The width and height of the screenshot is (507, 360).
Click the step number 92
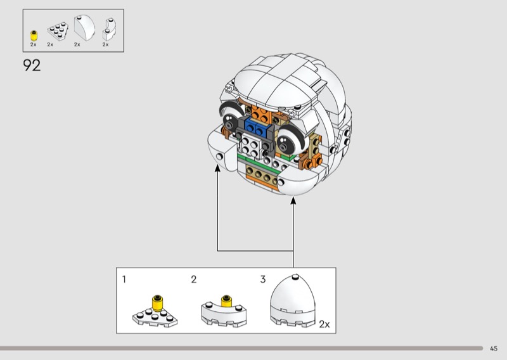coord(32,65)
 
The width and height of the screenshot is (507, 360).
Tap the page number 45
coord(494,349)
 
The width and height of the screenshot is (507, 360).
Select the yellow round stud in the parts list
coord(34,35)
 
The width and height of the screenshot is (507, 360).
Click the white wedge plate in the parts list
coord(58,31)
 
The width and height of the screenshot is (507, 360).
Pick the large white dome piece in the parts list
coord(84,28)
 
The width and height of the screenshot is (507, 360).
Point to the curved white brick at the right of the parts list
coord(109,29)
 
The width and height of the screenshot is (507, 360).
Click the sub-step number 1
coord(124,279)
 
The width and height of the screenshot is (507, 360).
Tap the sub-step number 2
coord(194,279)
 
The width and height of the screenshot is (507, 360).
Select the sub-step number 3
coord(263,279)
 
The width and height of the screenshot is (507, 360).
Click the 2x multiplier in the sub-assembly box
coord(324,324)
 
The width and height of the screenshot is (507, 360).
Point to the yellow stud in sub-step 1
coord(157,303)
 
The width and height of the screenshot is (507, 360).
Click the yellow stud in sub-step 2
coord(226,301)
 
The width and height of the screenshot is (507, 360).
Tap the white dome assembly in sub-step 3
coord(293,301)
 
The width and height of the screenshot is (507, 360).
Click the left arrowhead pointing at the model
coord(217,167)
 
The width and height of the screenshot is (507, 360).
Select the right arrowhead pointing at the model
coord(293,200)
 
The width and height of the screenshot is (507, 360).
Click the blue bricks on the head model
coord(255,126)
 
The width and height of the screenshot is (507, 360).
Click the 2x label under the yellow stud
coord(34,44)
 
